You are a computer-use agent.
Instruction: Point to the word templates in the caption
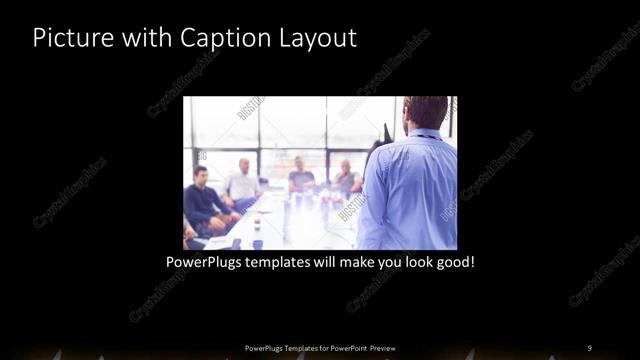click(x=288, y=263)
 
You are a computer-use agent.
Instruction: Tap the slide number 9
click(x=589, y=347)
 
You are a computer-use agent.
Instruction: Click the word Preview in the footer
click(x=389, y=347)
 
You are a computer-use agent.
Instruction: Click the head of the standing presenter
click(x=426, y=112)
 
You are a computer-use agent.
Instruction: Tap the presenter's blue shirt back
click(x=412, y=190)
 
